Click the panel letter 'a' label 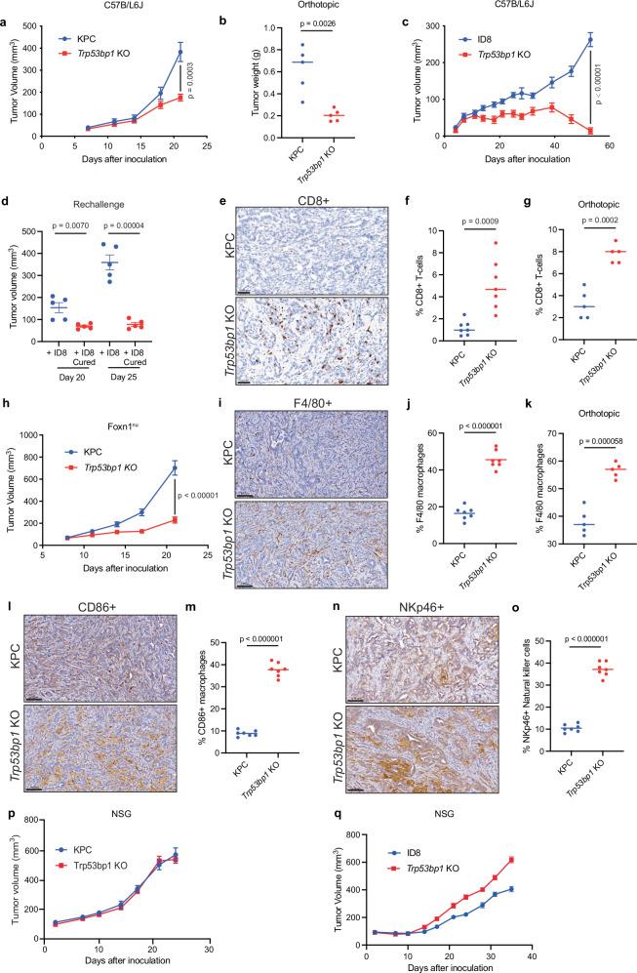click(x=6, y=8)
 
